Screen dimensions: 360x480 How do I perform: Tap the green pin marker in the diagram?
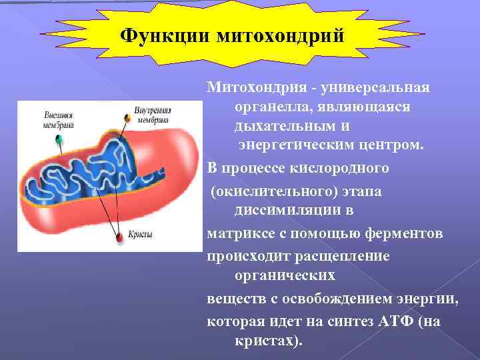[58, 139]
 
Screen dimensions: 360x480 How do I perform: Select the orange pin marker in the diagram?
[126, 117]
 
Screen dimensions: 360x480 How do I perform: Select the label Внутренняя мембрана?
[153, 115]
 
